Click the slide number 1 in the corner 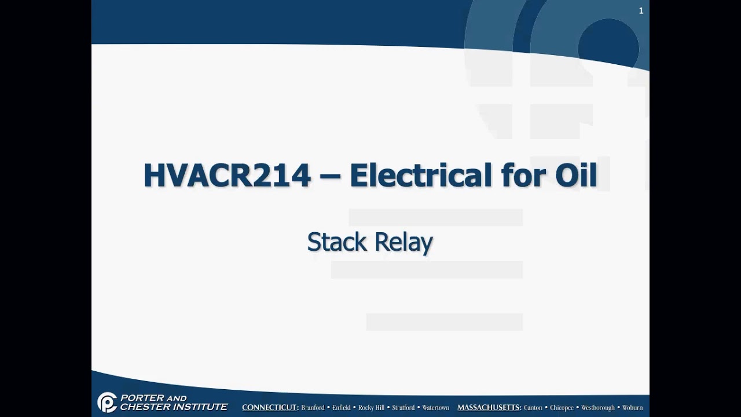tap(641, 11)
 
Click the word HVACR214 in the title tap(227, 175)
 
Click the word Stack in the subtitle tap(337, 242)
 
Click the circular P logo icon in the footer tap(107, 402)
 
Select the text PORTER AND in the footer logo tap(153, 398)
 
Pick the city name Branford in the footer tap(313, 408)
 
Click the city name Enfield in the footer tap(341, 408)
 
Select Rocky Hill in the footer tap(371, 408)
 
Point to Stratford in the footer tap(403, 408)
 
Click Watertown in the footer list tap(435, 408)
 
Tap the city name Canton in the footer tap(533, 408)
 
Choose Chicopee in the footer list tap(562, 408)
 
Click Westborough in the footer tap(598, 408)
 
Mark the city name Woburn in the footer tap(632, 408)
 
